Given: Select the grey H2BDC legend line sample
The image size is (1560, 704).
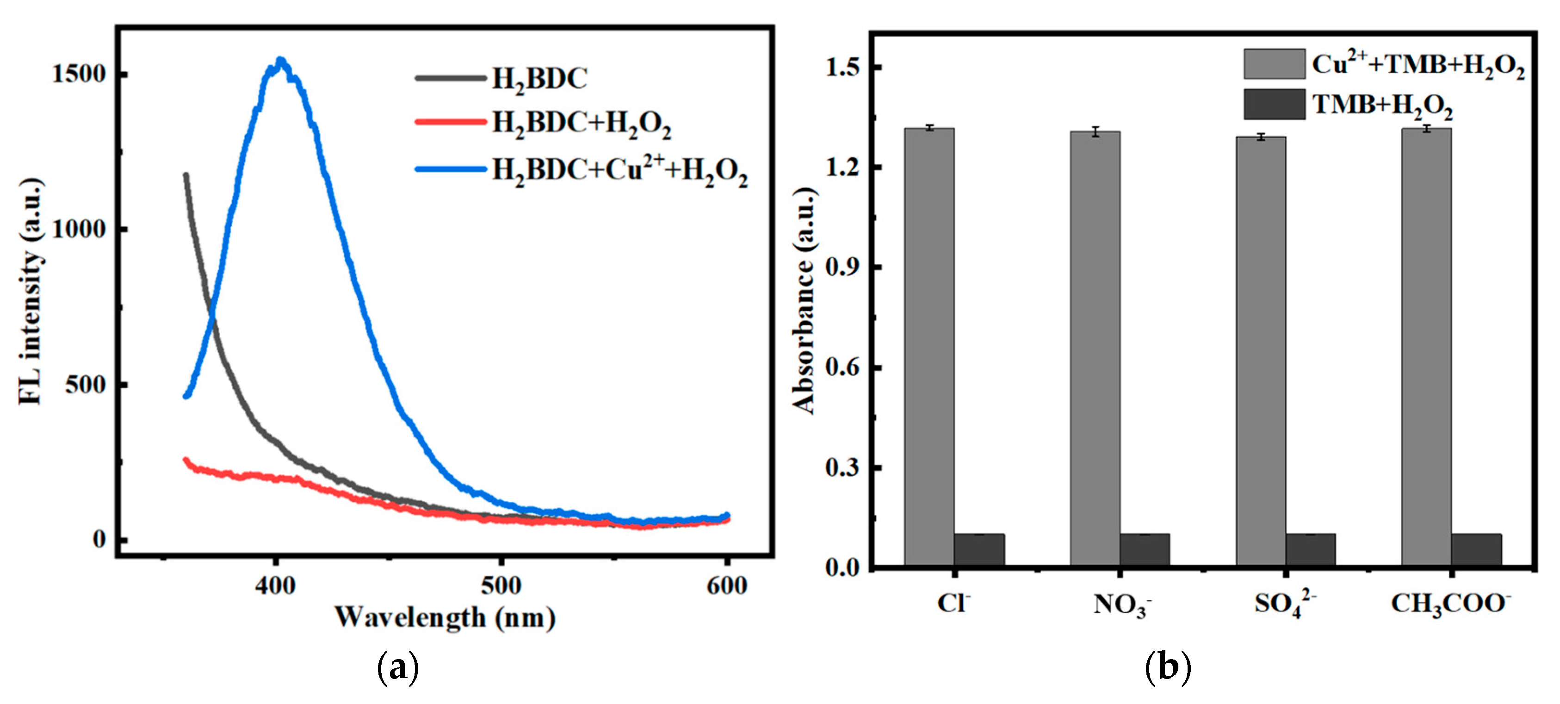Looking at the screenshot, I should click(451, 78).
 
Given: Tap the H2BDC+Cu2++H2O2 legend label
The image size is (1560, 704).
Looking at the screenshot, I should click(619, 170).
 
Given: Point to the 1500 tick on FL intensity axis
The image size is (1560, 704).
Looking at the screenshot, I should click(79, 74).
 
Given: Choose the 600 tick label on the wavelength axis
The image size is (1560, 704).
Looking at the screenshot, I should click(726, 585).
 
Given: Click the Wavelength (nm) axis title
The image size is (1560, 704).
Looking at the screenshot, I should click(445, 617).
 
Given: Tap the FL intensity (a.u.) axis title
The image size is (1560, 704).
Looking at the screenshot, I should click(30, 291).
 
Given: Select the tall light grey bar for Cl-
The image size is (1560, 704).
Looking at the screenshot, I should click(929, 345).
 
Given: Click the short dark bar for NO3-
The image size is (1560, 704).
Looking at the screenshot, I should click(1144, 549).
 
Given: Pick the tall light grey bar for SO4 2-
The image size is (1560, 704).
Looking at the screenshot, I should click(1261, 351).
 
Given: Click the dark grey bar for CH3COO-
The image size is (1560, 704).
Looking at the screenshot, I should click(1476, 549).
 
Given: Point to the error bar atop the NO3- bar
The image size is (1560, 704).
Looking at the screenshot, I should click(1095, 131).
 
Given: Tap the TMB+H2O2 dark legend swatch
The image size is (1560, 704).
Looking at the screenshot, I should click(1274, 104).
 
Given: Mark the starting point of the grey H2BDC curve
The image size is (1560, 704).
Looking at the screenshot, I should click(186, 176).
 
